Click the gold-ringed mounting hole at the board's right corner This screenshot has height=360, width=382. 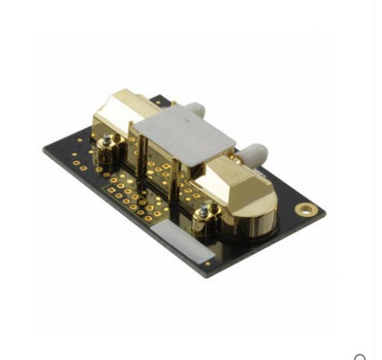pyautogui.click(x=307, y=210)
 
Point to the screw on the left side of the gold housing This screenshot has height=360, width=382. pyautogui.click(x=108, y=142)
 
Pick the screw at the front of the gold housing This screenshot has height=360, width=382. pyautogui.click(x=205, y=213)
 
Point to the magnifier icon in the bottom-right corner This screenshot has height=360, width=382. pyautogui.click(x=361, y=355)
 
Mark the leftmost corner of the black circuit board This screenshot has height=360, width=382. pyautogui.click(x=43, y=150)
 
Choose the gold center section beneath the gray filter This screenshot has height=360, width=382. pyautogui.click(x=163, y=167)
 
